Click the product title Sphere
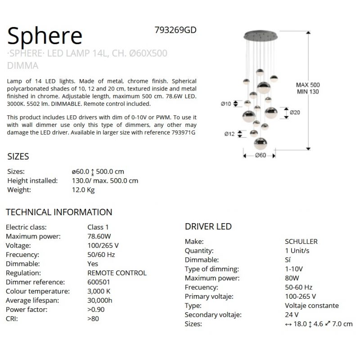point(45,35)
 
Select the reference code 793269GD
point(175,30)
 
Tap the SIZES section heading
point(18,157)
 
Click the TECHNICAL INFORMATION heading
point(59,212)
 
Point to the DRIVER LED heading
point(208,227)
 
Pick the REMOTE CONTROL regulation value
point(117,273)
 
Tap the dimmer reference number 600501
point(99,282)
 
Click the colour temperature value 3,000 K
point(99,291)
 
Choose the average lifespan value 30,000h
point(100,301)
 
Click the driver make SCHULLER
point(301,242)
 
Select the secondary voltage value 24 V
point(292,315)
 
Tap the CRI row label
point(12,319)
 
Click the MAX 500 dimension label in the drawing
point(308,85)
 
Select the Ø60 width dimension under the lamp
point(260,156)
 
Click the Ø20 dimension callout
point(295,112)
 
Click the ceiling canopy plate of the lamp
point(261,35)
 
